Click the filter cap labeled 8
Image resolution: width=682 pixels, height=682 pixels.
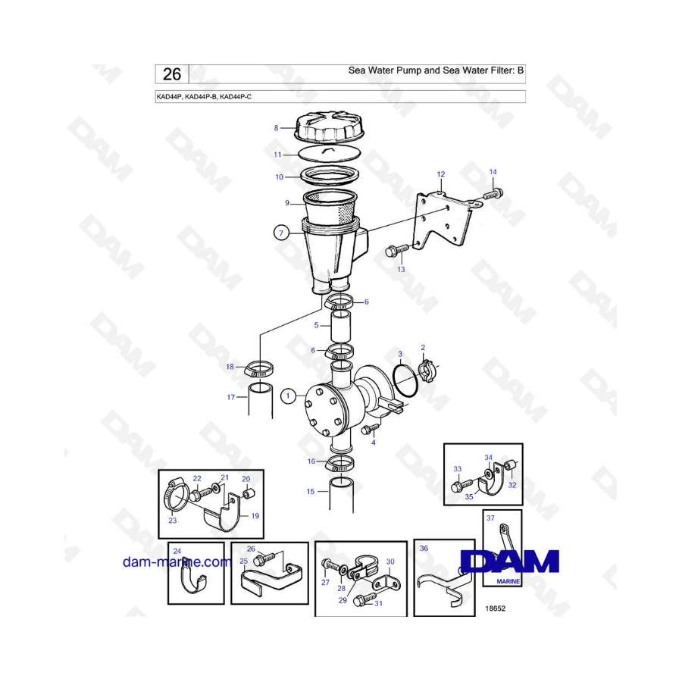click(330, 127)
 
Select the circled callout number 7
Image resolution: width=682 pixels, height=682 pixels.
click(281, 233)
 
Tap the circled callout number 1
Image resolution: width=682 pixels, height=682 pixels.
click(287, 396)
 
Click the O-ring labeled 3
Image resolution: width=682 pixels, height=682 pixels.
click(405, 381)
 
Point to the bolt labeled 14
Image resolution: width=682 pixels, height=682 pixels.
click(493, 193)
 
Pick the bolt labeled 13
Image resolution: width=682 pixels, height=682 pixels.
click(396, 250)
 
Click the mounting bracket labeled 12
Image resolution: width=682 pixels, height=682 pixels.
click(443, 222)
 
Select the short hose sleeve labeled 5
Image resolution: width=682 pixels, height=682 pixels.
click(341, 327)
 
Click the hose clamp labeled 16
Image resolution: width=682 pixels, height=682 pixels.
click(339, 463)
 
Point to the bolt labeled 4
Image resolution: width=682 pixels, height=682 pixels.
click(370, 429)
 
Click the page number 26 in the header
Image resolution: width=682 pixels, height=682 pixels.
click(172, 74)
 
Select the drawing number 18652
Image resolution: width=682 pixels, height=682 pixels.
click(495, 608)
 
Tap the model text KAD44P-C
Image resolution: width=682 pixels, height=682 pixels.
click(236, 96)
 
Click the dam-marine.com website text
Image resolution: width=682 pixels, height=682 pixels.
click(177, 562)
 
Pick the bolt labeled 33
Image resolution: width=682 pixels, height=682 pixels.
click(462, 484)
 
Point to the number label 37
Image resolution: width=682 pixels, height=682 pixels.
click(490, 518)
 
